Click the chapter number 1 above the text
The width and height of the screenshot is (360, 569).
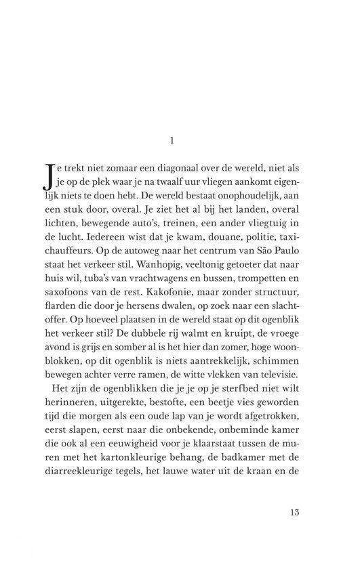tap(172, 142)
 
